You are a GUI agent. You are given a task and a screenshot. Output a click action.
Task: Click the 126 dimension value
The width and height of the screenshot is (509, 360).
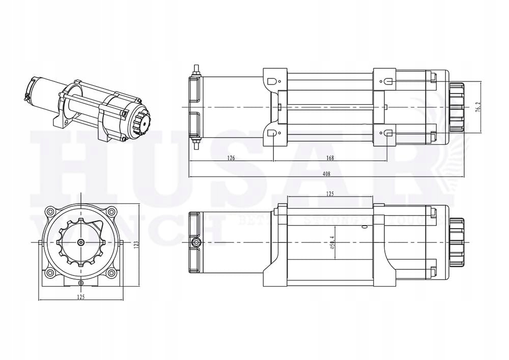click(231, 158)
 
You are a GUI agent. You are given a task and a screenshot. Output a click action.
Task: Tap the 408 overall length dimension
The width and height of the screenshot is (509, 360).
click(326, 174)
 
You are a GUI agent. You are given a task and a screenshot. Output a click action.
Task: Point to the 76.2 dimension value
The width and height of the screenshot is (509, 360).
click(477, 107)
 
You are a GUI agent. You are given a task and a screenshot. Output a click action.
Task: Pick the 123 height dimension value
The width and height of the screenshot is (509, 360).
click(136, 244)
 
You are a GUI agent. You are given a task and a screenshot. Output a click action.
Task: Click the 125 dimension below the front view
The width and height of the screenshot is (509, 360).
click(81, 296)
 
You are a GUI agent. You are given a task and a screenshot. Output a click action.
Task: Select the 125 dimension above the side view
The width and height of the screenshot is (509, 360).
click(330, 193)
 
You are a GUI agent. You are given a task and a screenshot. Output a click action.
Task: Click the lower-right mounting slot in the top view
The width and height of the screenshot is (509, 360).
click(388, 133)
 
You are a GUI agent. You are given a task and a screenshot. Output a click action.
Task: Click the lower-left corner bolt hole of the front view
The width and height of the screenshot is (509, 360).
click(50, 274)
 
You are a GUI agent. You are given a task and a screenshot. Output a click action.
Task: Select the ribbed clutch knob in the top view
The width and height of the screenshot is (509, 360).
click(456, 107)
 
